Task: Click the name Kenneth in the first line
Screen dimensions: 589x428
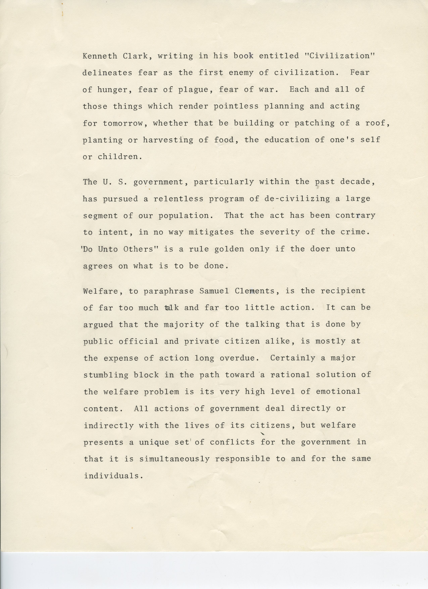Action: pos(100,56)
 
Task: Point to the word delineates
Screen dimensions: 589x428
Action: pos(107,73)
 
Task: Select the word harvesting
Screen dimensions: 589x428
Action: pos(168,140)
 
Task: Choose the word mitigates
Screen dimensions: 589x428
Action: pos(211,232)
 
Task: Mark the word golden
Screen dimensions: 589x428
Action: pos(229,249)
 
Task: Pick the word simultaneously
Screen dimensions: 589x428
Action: pos(174,459)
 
